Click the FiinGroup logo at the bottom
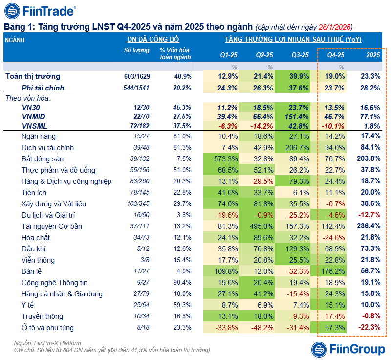click(x=348, y=349)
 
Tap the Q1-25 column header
click(x=228, y=55)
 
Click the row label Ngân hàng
click(x=39, y=136)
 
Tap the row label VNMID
click(x=34, y=116)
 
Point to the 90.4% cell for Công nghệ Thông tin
click(x=182, y=283)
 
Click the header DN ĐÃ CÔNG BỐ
click(x=153, y=40)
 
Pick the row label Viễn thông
click(x=38, y=260)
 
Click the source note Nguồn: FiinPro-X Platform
click(x=47, y=343)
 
